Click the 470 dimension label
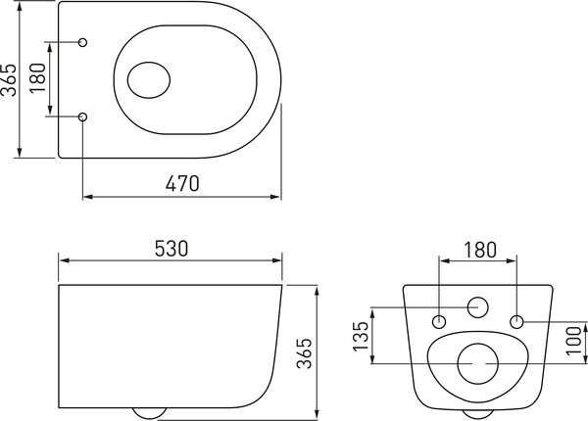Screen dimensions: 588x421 (x=182, y=183)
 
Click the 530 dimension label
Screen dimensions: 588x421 (x=171, y=249)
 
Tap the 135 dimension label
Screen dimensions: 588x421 (x=362, y=336)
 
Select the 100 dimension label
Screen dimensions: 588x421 (x=573, y=341)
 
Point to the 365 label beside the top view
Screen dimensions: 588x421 (x=9, y=79)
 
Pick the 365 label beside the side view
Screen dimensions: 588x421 (x=304, y=353)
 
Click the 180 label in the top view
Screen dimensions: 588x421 (x=37, y=78)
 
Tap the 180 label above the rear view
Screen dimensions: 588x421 (x=480, y=250)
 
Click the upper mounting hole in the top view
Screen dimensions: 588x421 (x=82, y=42)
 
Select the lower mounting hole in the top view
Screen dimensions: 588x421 (x=82, y=117)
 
